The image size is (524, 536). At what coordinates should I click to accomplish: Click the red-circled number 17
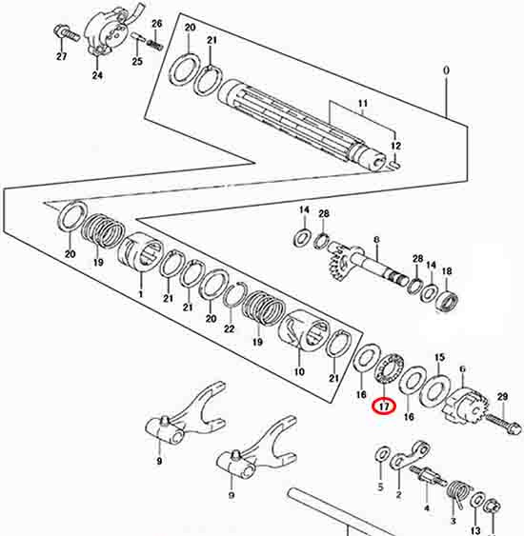[384, 407]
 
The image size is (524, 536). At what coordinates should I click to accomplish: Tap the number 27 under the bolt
[62, 56]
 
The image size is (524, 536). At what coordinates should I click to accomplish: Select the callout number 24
[97, 75]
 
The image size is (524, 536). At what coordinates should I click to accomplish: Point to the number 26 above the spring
[156, 24]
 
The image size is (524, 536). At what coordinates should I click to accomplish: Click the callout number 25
[137, 62]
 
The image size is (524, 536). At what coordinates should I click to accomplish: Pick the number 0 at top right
[447, 70]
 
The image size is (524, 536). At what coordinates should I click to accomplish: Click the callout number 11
[363, 103]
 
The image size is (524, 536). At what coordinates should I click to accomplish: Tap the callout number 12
[395, 146]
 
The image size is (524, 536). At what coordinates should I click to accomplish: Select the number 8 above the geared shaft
[376, 240]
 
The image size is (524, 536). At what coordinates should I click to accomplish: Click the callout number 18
[447, 271]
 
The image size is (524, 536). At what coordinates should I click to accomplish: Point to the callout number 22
[230, 328]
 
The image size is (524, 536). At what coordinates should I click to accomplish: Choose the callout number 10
[299, 371]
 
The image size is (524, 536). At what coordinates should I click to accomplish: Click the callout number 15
[440, 358]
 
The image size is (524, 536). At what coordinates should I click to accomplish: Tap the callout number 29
[502, 397]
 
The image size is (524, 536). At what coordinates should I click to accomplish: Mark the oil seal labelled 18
[447, 302]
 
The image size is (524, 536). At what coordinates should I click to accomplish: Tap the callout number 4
[427, 508]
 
